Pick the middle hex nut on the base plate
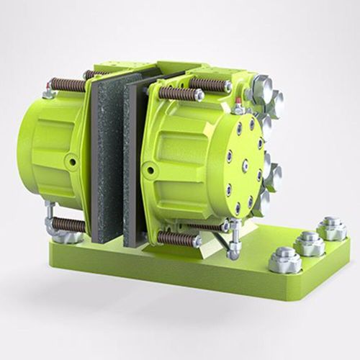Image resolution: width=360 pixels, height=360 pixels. (310, 242)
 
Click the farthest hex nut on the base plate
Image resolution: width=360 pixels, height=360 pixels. (331, 228)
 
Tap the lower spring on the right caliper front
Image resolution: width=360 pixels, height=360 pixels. (176, 238)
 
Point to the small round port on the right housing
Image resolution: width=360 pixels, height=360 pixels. (150, 170)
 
